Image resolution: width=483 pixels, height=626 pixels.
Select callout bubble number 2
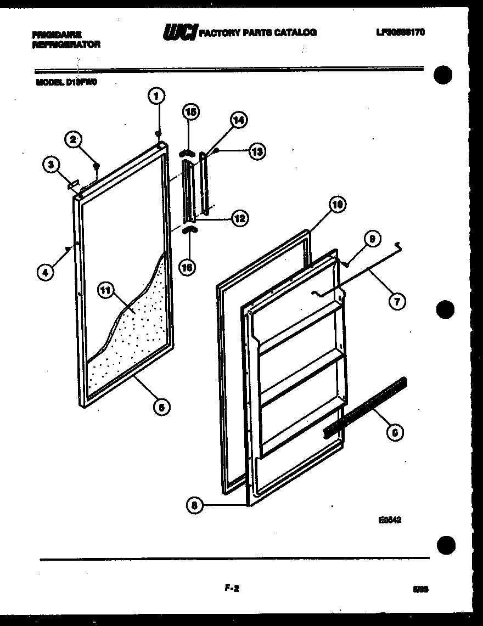73,139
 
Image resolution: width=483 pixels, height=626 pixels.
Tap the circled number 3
51,163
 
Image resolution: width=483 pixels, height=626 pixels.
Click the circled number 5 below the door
161,407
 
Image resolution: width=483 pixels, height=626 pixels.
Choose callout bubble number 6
395,433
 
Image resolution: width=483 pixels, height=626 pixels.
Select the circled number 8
194,505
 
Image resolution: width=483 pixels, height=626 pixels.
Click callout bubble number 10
337,204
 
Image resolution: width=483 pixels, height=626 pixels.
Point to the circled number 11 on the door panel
106,291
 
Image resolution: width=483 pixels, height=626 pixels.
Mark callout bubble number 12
239,218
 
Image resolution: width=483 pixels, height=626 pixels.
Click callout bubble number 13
256,151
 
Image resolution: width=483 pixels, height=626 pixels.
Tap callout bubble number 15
190,112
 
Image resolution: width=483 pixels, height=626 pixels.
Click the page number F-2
232,589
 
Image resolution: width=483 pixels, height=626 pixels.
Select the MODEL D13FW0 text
69,83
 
